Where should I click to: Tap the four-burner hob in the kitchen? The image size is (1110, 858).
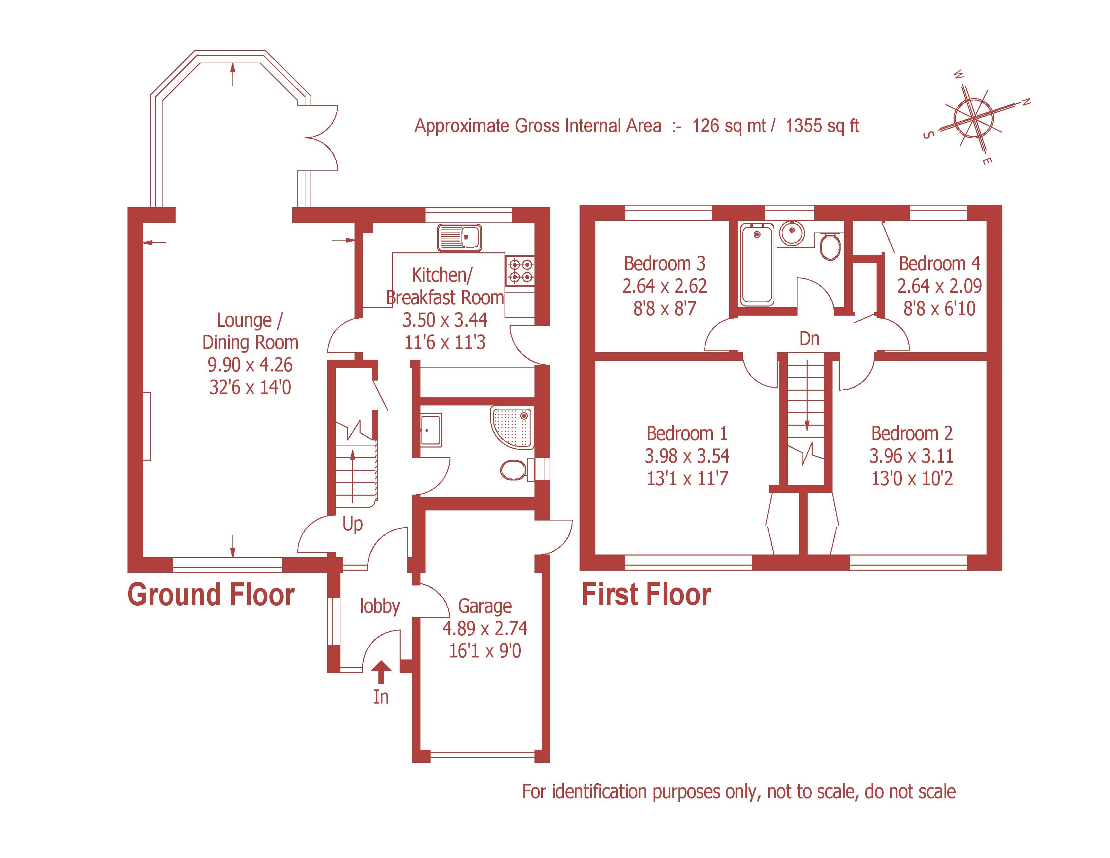click(x=520, y=271)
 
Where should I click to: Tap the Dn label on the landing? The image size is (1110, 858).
click(x=810, y=338)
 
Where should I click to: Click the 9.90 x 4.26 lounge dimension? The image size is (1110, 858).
click(x=250, y=365)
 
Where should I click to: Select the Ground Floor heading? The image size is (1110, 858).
click(x=211, y=595)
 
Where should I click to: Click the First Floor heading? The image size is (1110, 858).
click(x=646, y=595)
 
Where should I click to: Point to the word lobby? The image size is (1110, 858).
click(x=380, y=606)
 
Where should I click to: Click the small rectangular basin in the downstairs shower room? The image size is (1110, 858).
click(x=431, y=430)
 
